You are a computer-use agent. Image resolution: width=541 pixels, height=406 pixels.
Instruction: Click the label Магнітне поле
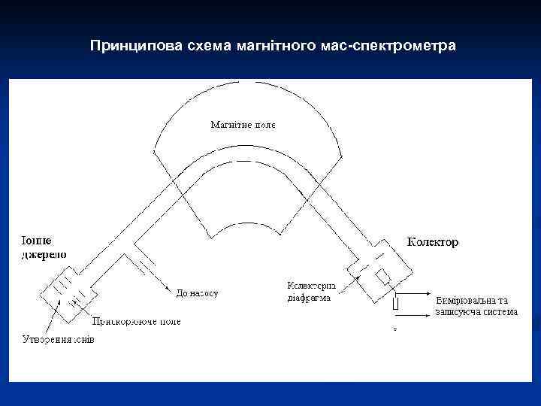click(243, 125)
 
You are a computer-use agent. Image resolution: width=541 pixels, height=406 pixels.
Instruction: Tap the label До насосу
click(197, 292)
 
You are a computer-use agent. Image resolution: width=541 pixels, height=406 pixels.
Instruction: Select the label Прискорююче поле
click(136, 322)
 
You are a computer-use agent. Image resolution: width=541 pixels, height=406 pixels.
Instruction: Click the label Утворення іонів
click(57, 339)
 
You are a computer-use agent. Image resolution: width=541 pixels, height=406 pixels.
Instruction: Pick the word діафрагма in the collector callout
click(310, 298)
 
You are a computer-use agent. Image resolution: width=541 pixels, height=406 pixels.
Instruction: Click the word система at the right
click(500, 311)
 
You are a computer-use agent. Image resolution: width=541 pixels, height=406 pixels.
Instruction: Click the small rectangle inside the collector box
click(383, 277)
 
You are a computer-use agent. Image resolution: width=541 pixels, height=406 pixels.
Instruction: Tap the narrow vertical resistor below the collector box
click(394, 304)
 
